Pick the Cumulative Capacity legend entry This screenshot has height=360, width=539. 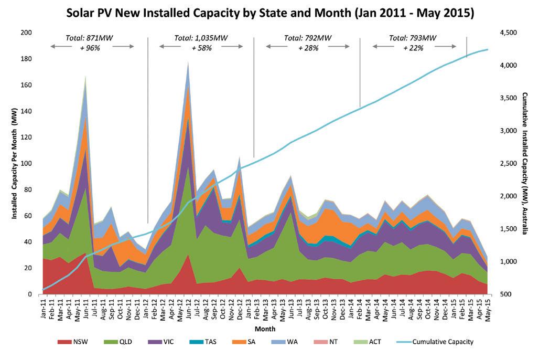443,342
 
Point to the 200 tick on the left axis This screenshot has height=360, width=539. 27,33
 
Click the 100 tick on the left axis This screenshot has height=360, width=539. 27,164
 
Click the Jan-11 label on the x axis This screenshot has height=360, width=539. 43,306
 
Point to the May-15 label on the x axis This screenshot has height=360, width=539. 488,306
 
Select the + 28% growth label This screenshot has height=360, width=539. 308,48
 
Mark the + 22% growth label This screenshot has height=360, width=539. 414,48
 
